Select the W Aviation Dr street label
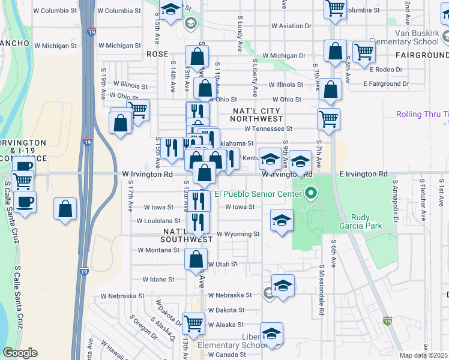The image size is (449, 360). tap(292, 26)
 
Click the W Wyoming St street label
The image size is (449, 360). tap(238, 234)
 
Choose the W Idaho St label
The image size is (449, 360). tap(158, 279)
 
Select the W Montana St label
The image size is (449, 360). tap(158, 250)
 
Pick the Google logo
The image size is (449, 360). tap(20, 353)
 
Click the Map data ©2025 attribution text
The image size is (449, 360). tap(424, 355)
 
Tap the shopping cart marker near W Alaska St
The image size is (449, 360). tap(194, 323)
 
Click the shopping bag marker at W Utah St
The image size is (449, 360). tap(196, 260)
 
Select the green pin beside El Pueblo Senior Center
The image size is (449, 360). tap(310, 193)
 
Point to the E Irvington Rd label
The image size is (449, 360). tap(363, 174)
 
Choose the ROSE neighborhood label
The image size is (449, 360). tap(157, 54)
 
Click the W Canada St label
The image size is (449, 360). tap(226, 354)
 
